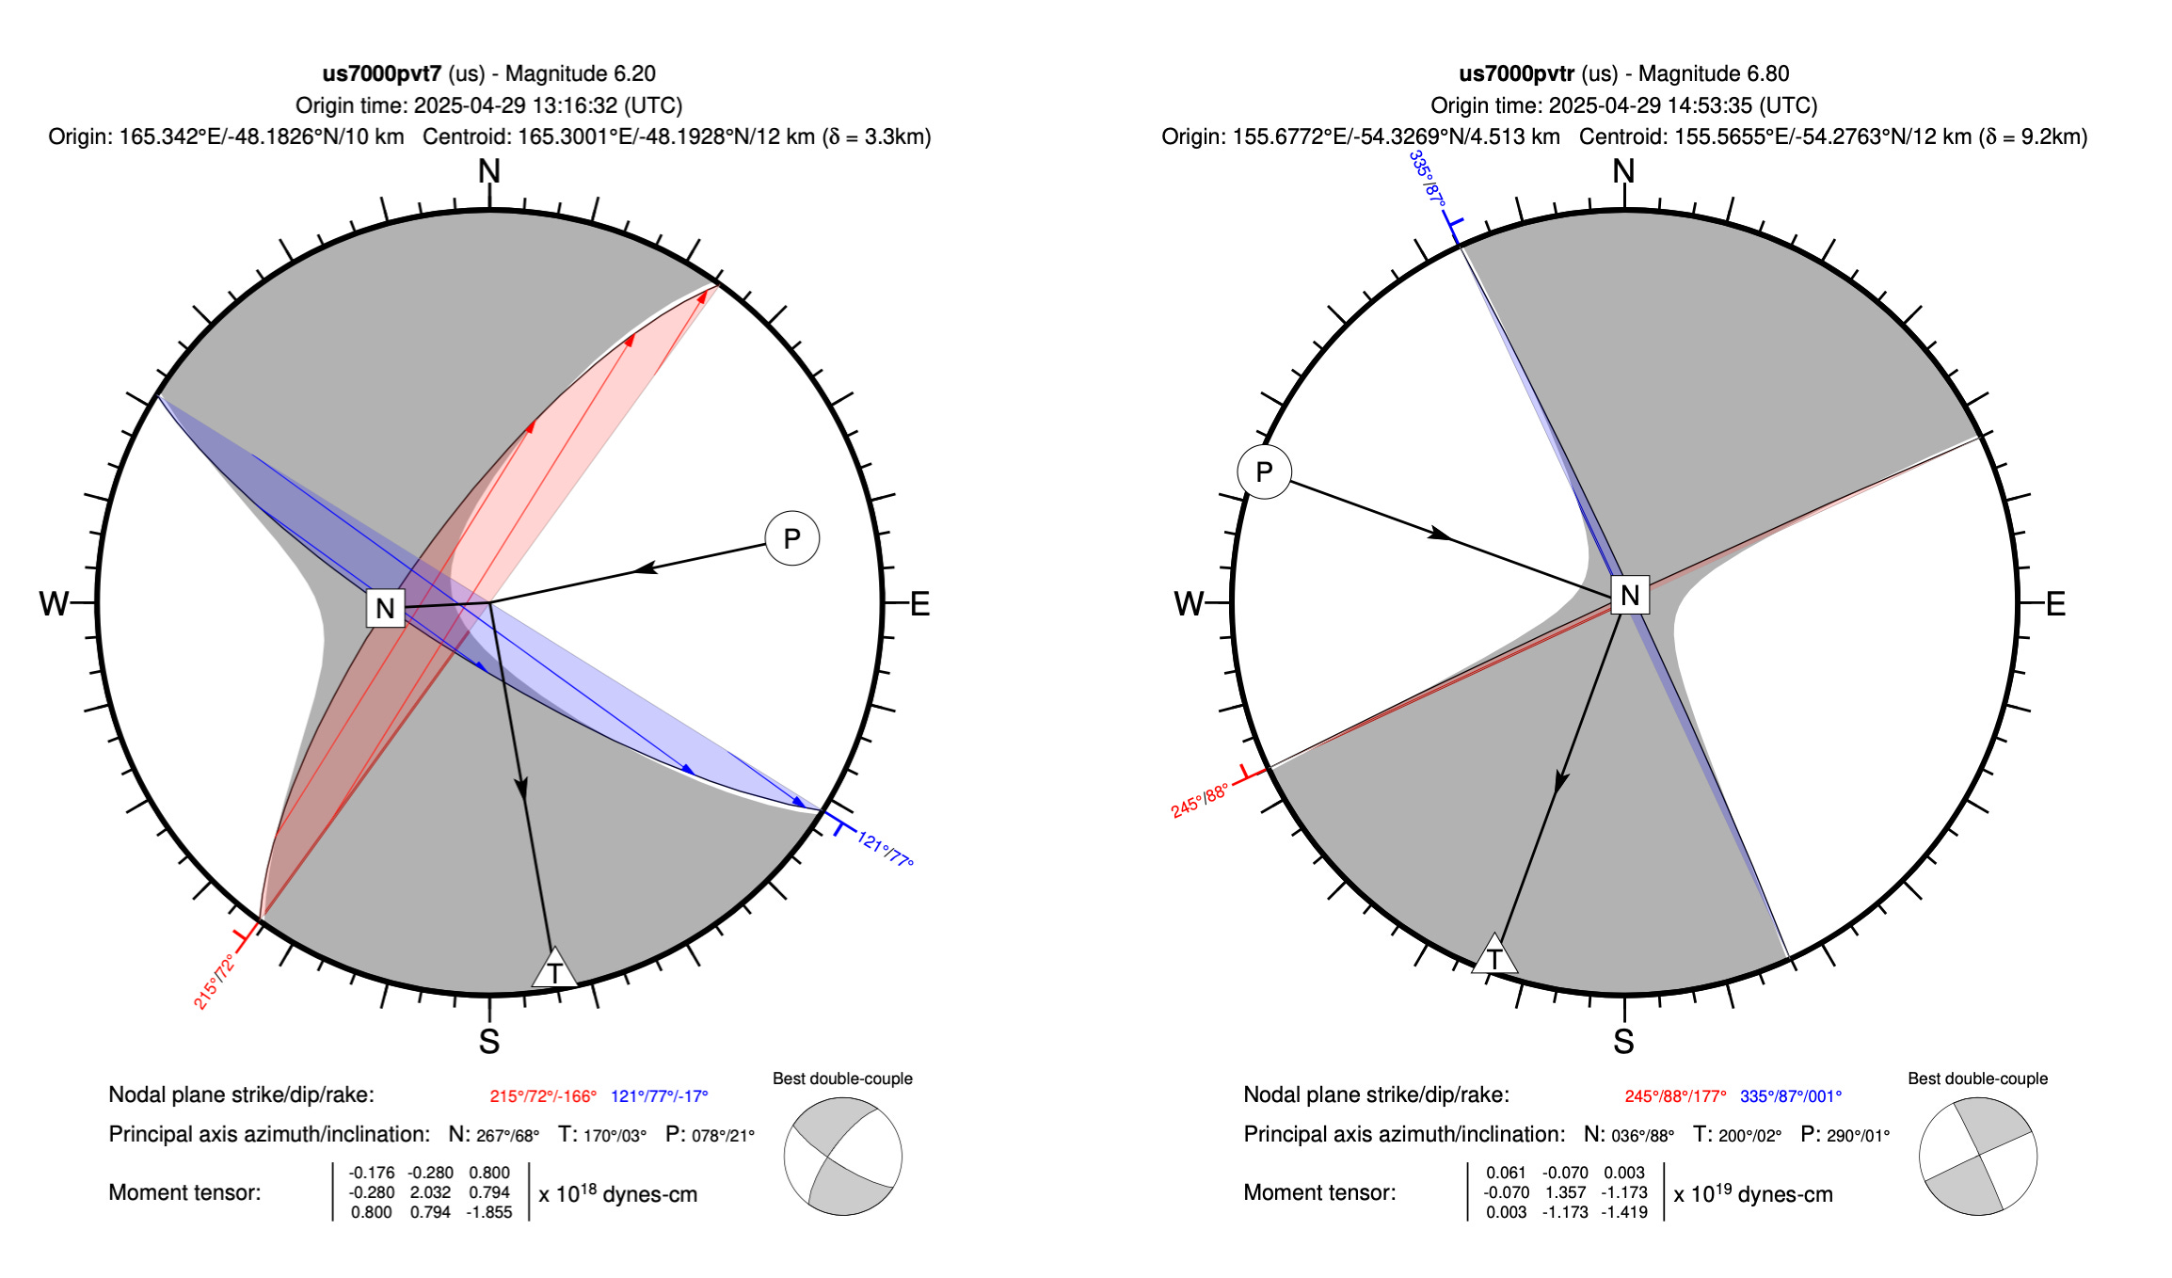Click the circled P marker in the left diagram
point(792,538)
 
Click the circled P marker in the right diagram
point(1264,471)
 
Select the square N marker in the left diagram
point(385,608)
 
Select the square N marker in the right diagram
point(1630,595)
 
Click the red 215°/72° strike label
point(214,982)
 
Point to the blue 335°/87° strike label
point(1427,178)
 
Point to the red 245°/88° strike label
point(1199,801)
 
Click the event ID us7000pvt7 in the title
point(381,73)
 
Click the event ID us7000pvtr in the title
point(1516,73)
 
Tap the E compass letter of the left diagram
point(919,603)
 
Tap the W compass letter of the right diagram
point(1189,603)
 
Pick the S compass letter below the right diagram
point(1623,1042)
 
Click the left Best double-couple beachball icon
point(842,1157)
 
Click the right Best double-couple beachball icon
point(1977,1157)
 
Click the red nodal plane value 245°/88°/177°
point(1675,1096)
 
